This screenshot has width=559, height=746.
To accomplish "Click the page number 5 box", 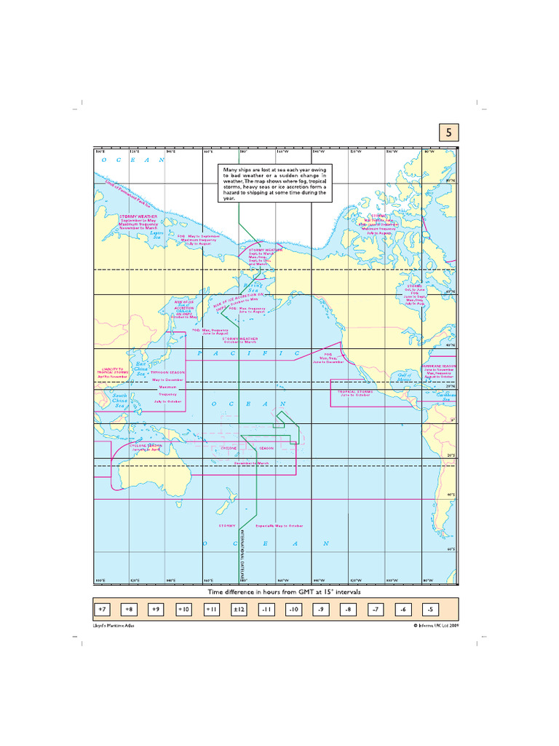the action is (x=448, y=133).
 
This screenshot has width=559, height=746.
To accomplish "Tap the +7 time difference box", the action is (x=103, y=608).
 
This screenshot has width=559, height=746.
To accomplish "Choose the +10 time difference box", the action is (x=183, y=608).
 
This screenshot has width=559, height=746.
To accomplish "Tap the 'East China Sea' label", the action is (x=141, y=365).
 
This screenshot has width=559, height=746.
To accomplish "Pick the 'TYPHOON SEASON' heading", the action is (x=169, y=372).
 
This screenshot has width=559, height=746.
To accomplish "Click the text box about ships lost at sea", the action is (x=276, y=183).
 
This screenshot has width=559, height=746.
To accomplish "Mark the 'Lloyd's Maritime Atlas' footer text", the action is (x=115, y=625).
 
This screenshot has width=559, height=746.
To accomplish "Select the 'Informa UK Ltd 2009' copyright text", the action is (x=436, y=625).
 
